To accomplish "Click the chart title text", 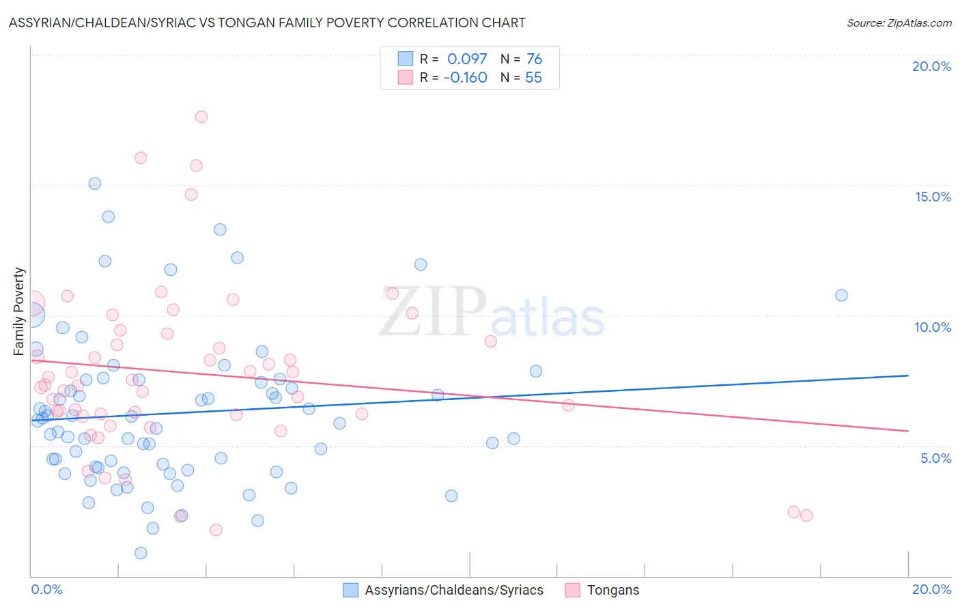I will [x=267, y=23].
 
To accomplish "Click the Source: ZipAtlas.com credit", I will [x=899, y=23].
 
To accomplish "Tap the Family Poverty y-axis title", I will [x=19, y=311].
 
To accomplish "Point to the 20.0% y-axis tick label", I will [x=931, y=66].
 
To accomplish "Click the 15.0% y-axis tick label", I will [x=933, y=197].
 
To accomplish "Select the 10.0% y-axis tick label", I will [x=933, y=327].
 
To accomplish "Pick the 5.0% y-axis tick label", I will [x=935, y=458].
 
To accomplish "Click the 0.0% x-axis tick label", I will [x=46, y=589].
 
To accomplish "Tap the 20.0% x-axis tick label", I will [x=931, y=589].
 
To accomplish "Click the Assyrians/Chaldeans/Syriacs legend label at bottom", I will [x=454, y=590].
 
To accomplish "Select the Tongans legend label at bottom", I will [x=613, y=590].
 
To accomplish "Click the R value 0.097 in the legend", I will [x=467, y=59].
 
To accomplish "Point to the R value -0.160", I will [x=465, y=78].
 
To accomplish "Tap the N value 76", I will [x=534, y=59].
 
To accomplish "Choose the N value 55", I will [x=533, y=78].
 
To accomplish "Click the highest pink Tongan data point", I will [x=201, y=117].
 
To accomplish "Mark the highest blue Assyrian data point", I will [x=95, y=184].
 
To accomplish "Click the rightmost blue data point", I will [x=841, y=295].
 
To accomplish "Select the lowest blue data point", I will [x=141, y=553].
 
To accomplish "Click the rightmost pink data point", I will [x=806, y=515].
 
